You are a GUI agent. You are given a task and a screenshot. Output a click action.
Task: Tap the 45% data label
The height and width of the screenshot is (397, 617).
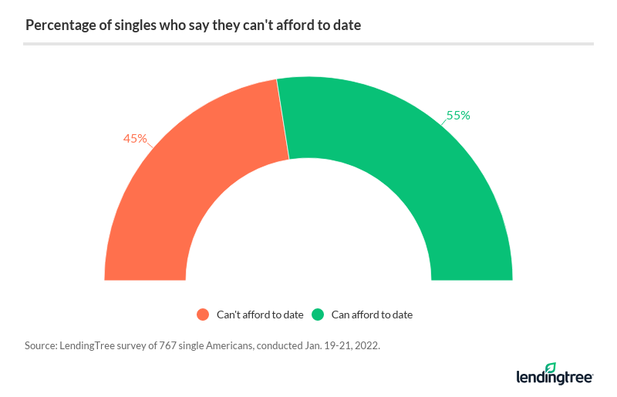pyautogui.click(x=135, y=139)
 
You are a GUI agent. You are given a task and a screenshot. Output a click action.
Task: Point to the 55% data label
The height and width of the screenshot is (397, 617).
pyautogui.click(x=458, y=116)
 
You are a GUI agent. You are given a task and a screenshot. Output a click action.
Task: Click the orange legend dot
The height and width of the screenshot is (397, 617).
pyautogui.click(x=203, y=315)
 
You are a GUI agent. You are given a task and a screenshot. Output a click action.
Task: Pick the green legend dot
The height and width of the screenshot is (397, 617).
pyautogui.click(x=317, y=315)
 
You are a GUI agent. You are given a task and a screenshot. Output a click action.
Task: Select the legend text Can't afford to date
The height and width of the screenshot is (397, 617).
pyautogui.click(x=260, y=315)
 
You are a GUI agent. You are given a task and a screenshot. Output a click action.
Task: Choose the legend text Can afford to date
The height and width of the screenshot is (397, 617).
pyautogui.click(x=372, y=315)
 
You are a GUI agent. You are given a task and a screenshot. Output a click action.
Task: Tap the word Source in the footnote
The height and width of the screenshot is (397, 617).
pyautogui.click(x=40, y=346)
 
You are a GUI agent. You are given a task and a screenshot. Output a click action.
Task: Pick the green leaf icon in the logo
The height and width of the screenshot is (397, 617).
pyautogui.click(x=550, y=368)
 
